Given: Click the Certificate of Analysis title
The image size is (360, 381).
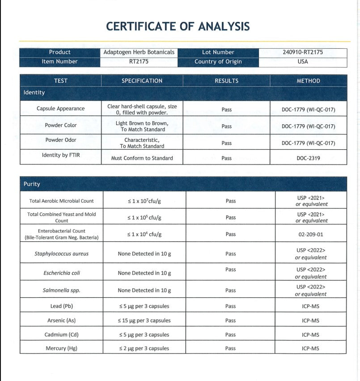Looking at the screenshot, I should (x=178, y=26).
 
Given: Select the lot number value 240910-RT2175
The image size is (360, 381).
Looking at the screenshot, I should (x=303, y=52).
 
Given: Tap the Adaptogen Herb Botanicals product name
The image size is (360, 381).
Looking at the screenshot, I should (x=139, y=52).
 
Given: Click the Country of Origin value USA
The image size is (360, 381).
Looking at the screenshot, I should (x=303, y=62).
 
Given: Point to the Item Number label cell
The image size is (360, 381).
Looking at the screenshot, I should (x=59, y=62).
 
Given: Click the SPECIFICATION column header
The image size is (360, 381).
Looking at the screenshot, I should (x=142, y=81).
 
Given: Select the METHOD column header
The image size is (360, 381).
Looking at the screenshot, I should (x=308, y=81).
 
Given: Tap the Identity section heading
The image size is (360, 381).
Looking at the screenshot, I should (x=34, y=93).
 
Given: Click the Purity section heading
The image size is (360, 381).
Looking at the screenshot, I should (x=32, y=184).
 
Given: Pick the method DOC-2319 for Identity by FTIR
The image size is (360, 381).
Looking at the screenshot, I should (x=308, y=158).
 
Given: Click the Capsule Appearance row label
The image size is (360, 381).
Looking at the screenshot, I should (x=60, y=109).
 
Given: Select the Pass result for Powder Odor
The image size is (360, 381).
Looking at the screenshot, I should (x=226, y=143).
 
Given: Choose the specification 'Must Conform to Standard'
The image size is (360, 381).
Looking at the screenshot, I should (x=142, y=158).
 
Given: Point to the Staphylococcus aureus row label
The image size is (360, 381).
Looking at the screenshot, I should (x=62, y=254).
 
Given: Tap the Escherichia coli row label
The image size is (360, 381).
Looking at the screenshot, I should (x=62, y=273).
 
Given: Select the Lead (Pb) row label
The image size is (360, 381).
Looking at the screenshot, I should (x=62, y=306).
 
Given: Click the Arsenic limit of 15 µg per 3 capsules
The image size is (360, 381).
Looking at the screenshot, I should (x=144, y=321).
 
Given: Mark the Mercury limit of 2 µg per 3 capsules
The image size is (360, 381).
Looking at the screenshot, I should (x=144, y=348).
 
